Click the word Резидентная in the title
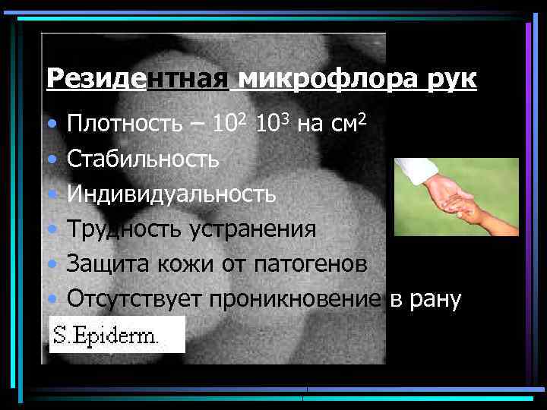[137, 78]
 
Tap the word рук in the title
[451, 78]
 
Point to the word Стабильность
[144, 159]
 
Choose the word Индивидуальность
[172, 194]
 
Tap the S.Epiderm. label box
[117, 335]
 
